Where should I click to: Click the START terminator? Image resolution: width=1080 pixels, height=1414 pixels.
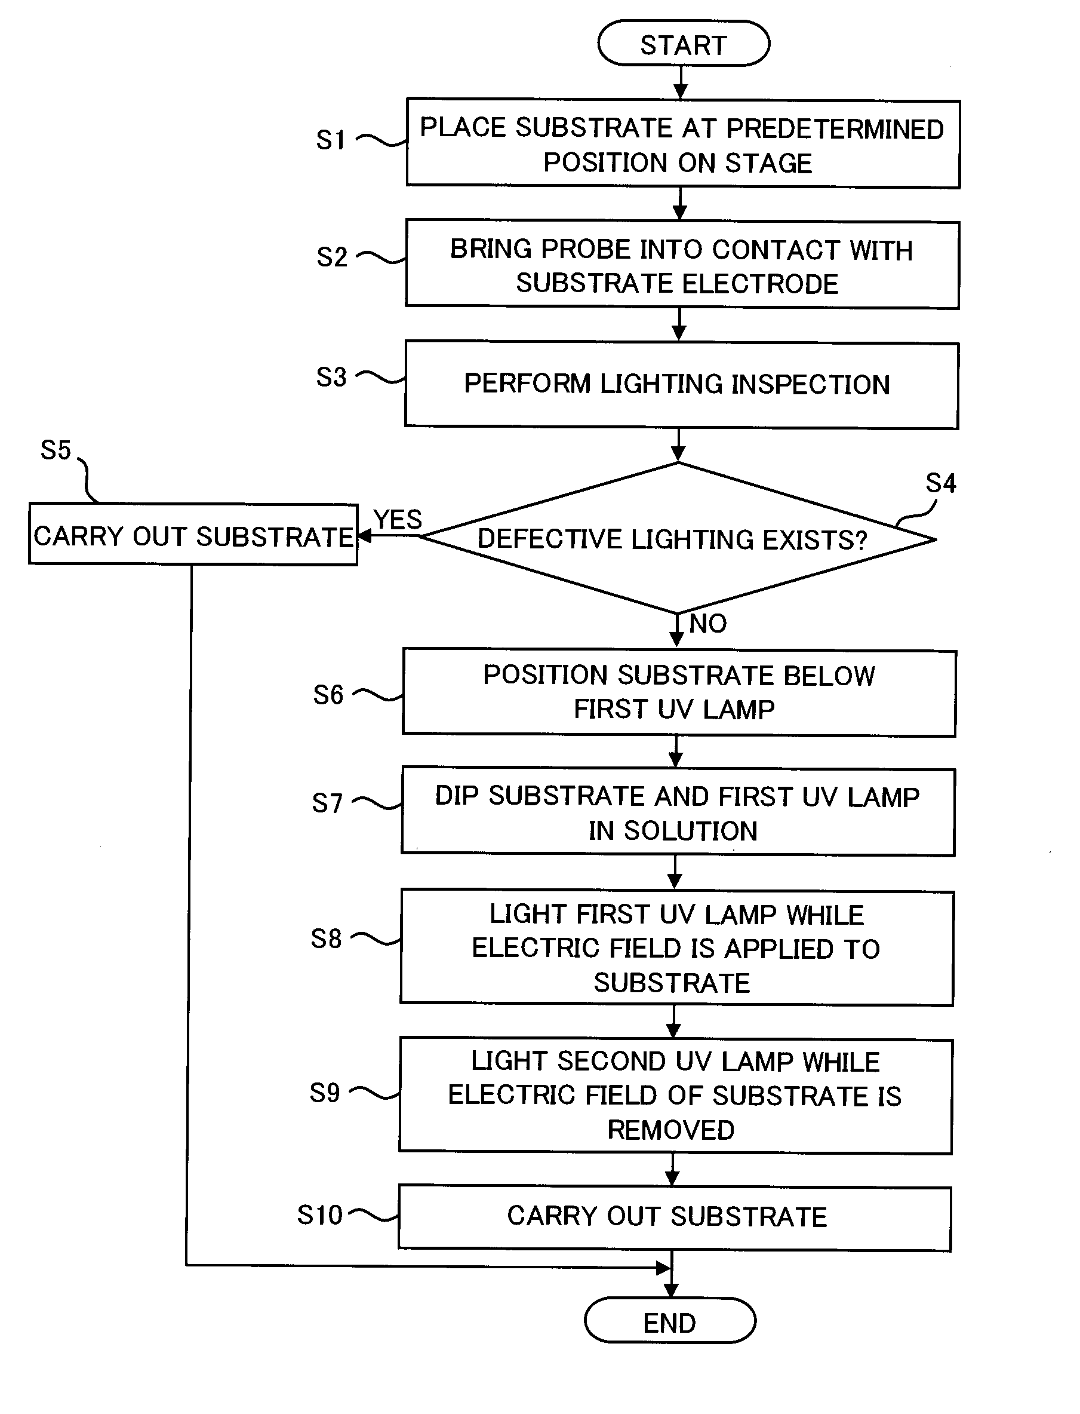click(684, 44)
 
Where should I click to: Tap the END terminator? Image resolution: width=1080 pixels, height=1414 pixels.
click(670, 1321)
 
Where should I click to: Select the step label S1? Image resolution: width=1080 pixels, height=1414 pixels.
click(331, 140)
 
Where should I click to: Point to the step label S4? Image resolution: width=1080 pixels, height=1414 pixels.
click(940, 483)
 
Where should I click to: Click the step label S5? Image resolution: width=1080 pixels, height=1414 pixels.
click(56, 450)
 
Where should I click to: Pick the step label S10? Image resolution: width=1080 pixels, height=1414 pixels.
click(319, 1215)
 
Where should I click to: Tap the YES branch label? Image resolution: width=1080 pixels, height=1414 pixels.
click(398, 519)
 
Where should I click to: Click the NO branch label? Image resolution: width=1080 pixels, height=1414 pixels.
click(708, 624)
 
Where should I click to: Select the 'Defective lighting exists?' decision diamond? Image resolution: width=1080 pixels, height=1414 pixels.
click(678, 538)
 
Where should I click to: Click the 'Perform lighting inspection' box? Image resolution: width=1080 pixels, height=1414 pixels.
click(681, 385)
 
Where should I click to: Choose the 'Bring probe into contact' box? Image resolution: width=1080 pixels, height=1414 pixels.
click(682, 265)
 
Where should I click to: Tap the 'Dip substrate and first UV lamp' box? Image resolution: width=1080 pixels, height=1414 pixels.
click(678, 812)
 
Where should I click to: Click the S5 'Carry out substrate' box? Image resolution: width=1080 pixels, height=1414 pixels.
click(193, 535)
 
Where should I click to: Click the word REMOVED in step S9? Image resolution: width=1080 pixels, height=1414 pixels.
click(670, 1130)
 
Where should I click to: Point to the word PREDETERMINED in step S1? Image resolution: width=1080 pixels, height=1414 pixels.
click(835, 128)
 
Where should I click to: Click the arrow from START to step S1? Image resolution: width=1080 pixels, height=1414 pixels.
click(680, 82)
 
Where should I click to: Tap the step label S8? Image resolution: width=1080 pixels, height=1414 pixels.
click(326, 938)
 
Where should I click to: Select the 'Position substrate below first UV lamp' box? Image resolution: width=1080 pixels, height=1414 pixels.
click(679, 692)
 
